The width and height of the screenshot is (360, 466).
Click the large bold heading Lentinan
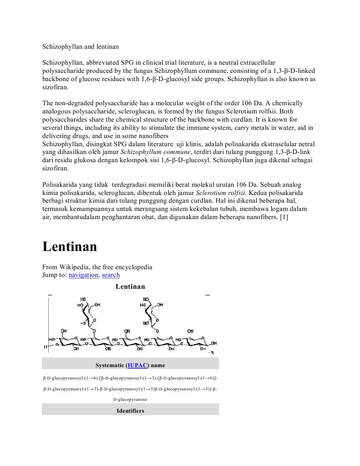(x=70, y=247)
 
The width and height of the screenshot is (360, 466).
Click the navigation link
(x=83, y=275)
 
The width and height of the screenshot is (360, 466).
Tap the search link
(x=111, y=275)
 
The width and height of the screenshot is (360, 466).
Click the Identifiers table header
(x=130, y=410)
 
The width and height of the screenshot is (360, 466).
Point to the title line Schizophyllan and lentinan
(x=81, y=46)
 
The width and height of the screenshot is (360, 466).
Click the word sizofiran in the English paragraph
(x=55, y=87)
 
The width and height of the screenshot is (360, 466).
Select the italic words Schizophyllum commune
(x=155, y=152)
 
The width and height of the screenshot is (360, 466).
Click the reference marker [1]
(x=283, y=217)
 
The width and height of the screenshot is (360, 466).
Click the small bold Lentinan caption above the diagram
(x=130, y=287)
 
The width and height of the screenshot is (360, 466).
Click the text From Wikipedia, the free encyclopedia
(x=97, y=267)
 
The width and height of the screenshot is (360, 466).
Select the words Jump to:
(x=54, y=275)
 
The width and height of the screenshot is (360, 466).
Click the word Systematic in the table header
(x=111, y=365)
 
